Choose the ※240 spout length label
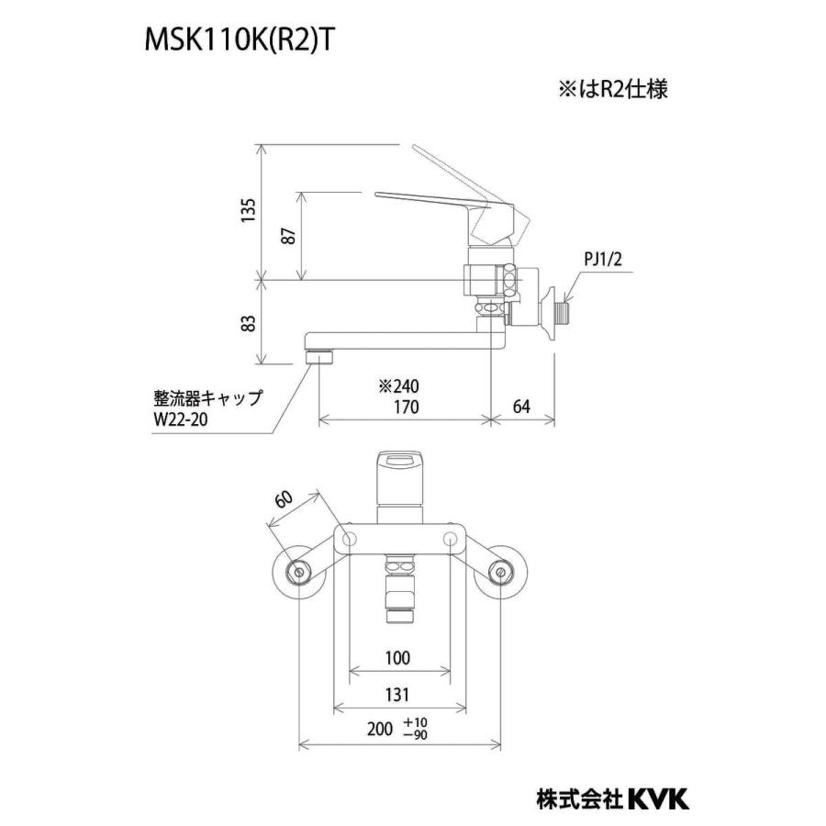398,386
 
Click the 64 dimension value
521,406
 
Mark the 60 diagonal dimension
284,500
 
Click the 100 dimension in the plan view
397,658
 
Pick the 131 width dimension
397,696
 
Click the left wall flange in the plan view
298,572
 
